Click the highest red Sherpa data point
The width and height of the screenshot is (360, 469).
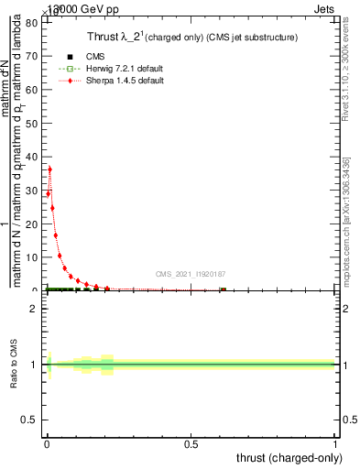click(49, 169)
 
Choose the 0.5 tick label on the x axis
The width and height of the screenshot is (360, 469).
click(191, 444)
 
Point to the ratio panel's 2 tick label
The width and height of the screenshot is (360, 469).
click(34, 309)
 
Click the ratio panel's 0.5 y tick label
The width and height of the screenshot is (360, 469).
click(30, 420)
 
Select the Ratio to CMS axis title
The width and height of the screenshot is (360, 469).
click(14, 365)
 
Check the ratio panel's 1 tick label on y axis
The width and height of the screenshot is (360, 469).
click(34, 365)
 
